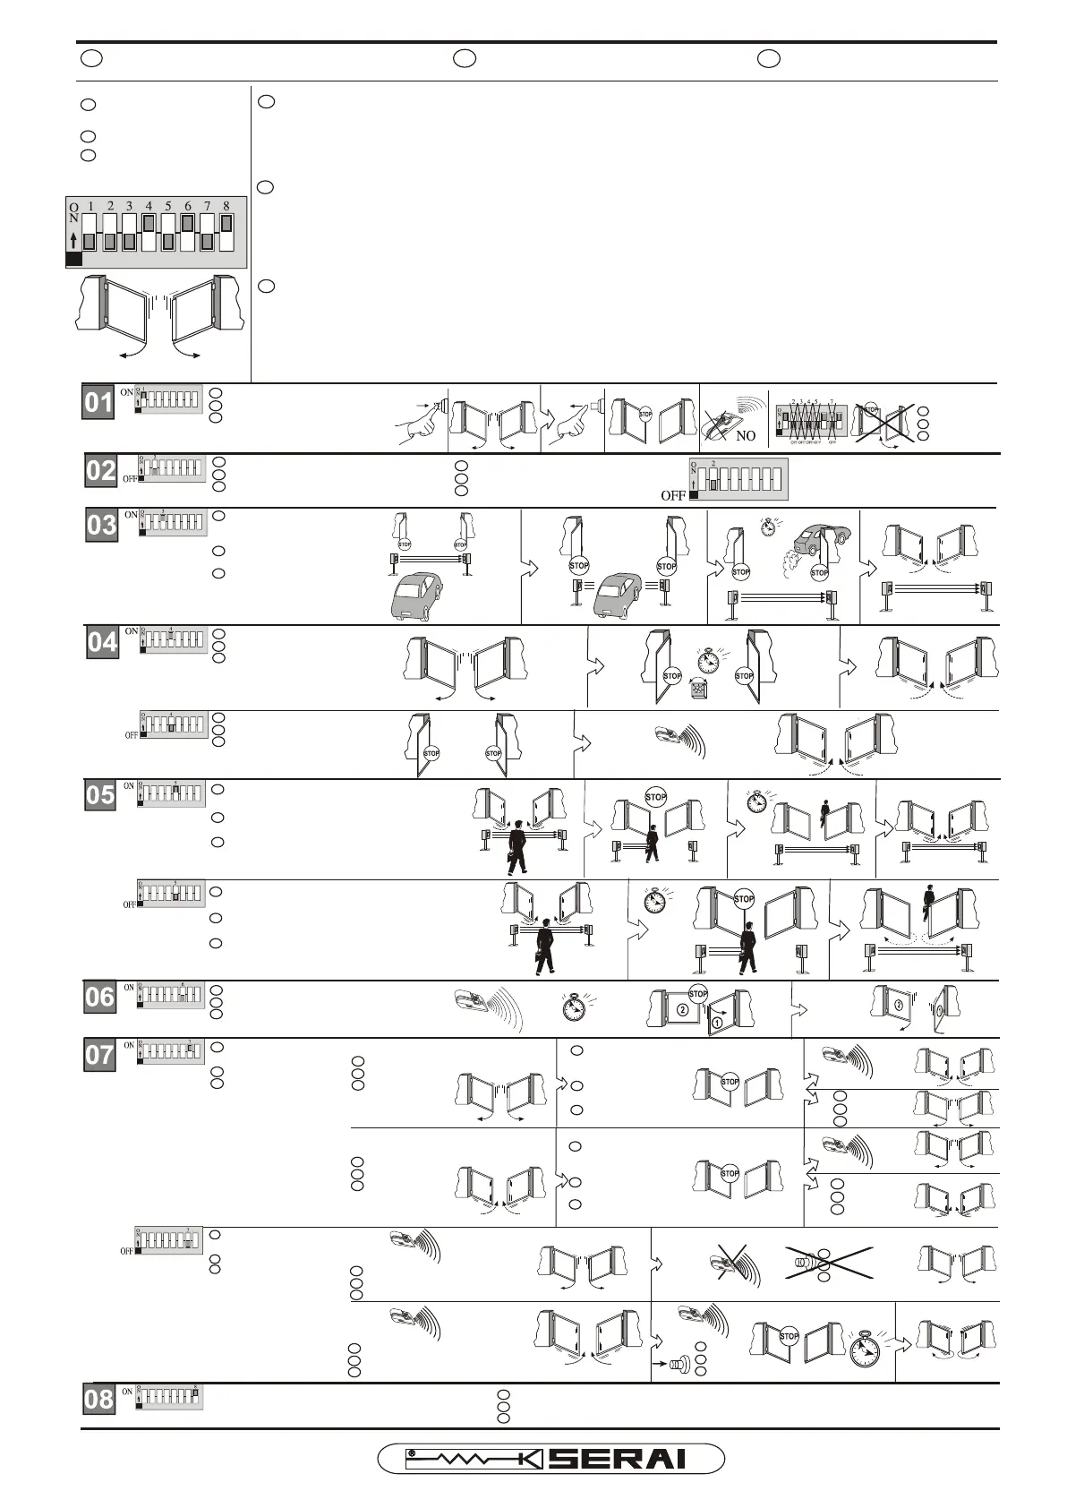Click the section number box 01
click(99, 403)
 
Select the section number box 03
click(102, 525)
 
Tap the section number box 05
click(100, 795)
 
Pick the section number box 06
click(99, 997)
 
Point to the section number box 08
click(98, 1399)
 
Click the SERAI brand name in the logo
click(618, 1459)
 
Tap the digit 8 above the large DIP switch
click(226, 207)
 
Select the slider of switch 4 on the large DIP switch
click(149, 222)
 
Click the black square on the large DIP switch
click(73, 259)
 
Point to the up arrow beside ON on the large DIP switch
click(73, 240)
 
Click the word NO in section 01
click(746, 436)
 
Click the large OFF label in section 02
click(673, 495)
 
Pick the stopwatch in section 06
click(579, 1007)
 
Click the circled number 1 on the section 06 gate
click(718, 1021)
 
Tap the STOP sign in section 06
click(698, 993)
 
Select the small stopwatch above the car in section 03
click(768, 526)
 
